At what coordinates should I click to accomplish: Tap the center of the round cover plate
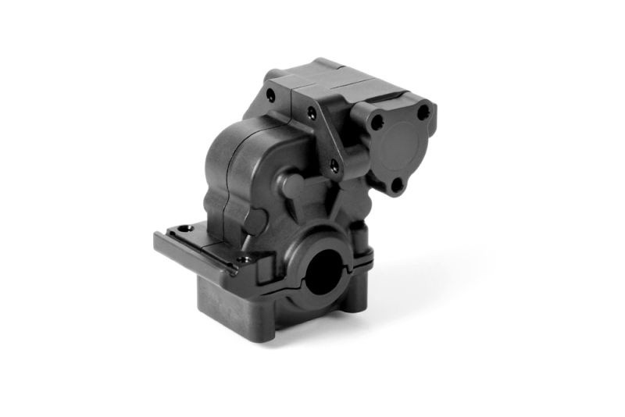403,147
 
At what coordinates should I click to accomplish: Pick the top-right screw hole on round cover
423,113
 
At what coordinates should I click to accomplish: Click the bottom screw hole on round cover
395,185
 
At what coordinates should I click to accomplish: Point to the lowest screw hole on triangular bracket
334,166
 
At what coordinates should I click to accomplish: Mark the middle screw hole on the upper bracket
312,114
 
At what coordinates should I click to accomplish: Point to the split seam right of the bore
355,269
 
